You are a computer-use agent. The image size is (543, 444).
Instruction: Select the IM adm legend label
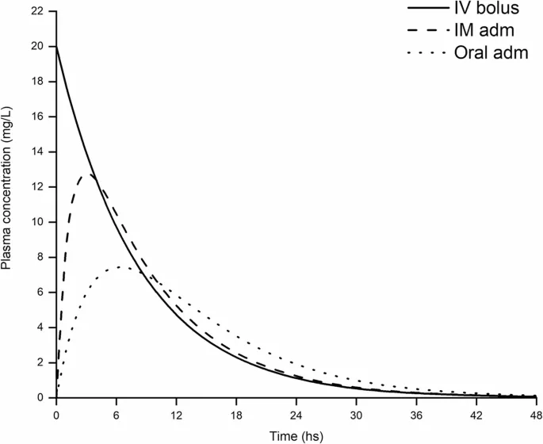491,31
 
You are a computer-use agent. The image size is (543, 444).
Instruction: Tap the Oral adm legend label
498,53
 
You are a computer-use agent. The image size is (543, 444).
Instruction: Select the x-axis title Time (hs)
296,435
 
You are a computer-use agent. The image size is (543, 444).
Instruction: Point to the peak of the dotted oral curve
119,266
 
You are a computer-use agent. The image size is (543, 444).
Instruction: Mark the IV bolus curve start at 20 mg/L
56,47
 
